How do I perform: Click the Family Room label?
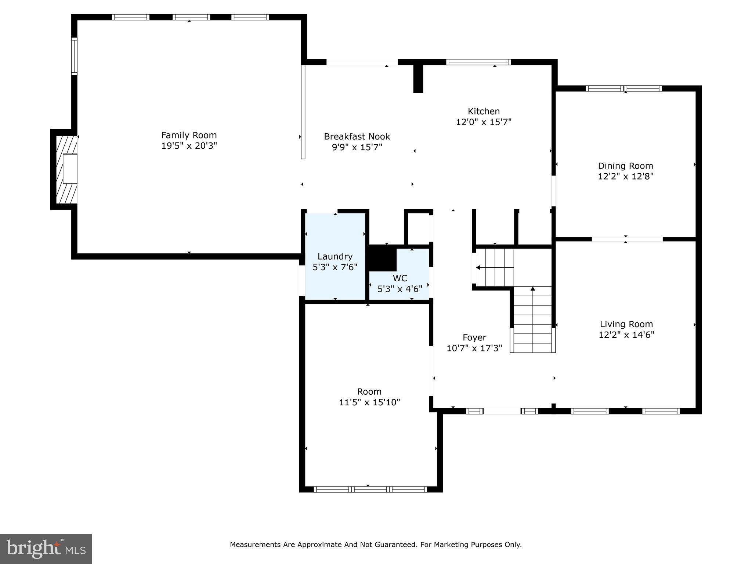click(189, 135)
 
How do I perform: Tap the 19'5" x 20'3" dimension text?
click(189, 146)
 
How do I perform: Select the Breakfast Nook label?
click(357, 137)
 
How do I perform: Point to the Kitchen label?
click(483, 111)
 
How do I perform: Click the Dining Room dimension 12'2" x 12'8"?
click(625, 176)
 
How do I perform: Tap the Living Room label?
click(626, 324)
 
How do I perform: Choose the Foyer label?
click(474, 337)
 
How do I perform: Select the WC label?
click(399, 278)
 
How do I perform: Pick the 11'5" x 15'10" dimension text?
click(369, 402)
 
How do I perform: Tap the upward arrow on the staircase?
click(532, 289)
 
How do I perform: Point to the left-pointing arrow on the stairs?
click(478, 268)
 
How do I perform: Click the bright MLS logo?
click(46, 549)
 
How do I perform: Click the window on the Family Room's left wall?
click(74, 56)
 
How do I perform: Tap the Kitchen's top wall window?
click(478, 62)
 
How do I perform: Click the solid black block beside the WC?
click(382, 258)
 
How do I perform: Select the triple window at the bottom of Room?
click(370, 489)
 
